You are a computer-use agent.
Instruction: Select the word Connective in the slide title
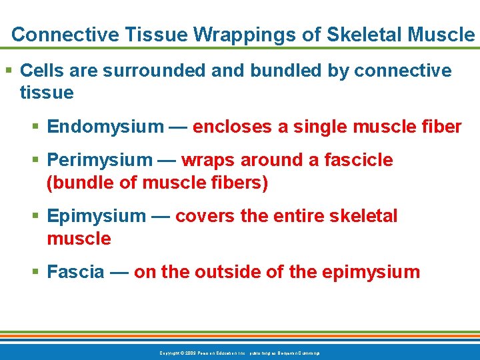(54, 35)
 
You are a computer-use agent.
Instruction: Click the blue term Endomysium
(105, 127)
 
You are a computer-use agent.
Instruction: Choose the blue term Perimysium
(100, 161)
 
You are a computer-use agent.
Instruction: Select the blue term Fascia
(76, 272)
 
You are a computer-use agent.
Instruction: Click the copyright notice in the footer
(239, 352)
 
